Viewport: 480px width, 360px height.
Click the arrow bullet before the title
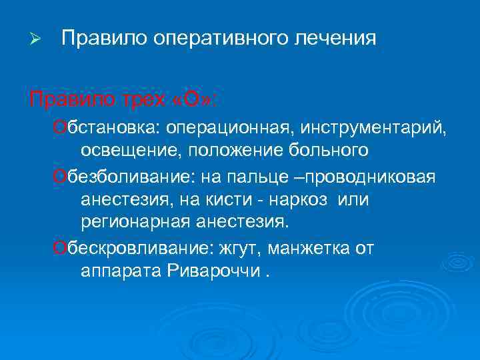(37, 40)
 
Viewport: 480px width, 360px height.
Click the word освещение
(131, 150)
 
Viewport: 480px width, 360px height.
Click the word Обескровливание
(131, 248)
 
